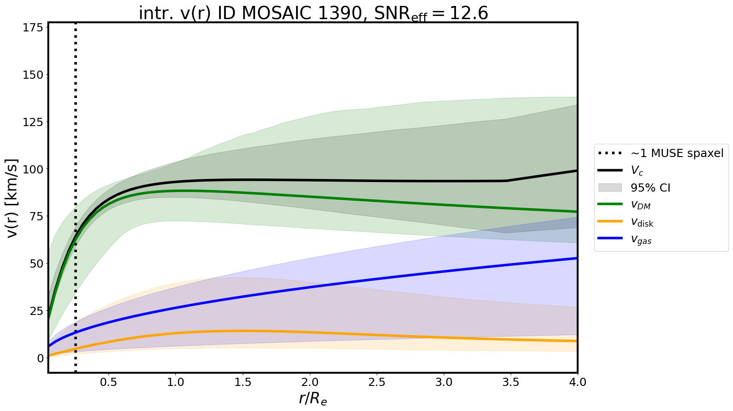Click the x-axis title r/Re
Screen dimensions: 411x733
click(313, 398)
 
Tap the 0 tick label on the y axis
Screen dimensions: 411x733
click(41, 358)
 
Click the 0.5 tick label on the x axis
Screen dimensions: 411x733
click(108, 382)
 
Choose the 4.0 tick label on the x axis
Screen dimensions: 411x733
click(577, 382)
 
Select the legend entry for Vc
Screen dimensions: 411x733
click(637, 171)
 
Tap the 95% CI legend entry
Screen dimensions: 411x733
click(650, 188)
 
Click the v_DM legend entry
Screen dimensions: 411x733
click(641, 205)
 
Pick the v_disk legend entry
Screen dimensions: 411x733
click(642, 223)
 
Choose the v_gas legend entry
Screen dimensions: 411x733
click(641, 240)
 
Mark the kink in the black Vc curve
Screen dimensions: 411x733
click(507, 181)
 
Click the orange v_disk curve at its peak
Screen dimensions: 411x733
click(241, 331)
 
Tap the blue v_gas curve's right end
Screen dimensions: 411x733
click(577, 259)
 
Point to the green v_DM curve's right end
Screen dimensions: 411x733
click(577, 212)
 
